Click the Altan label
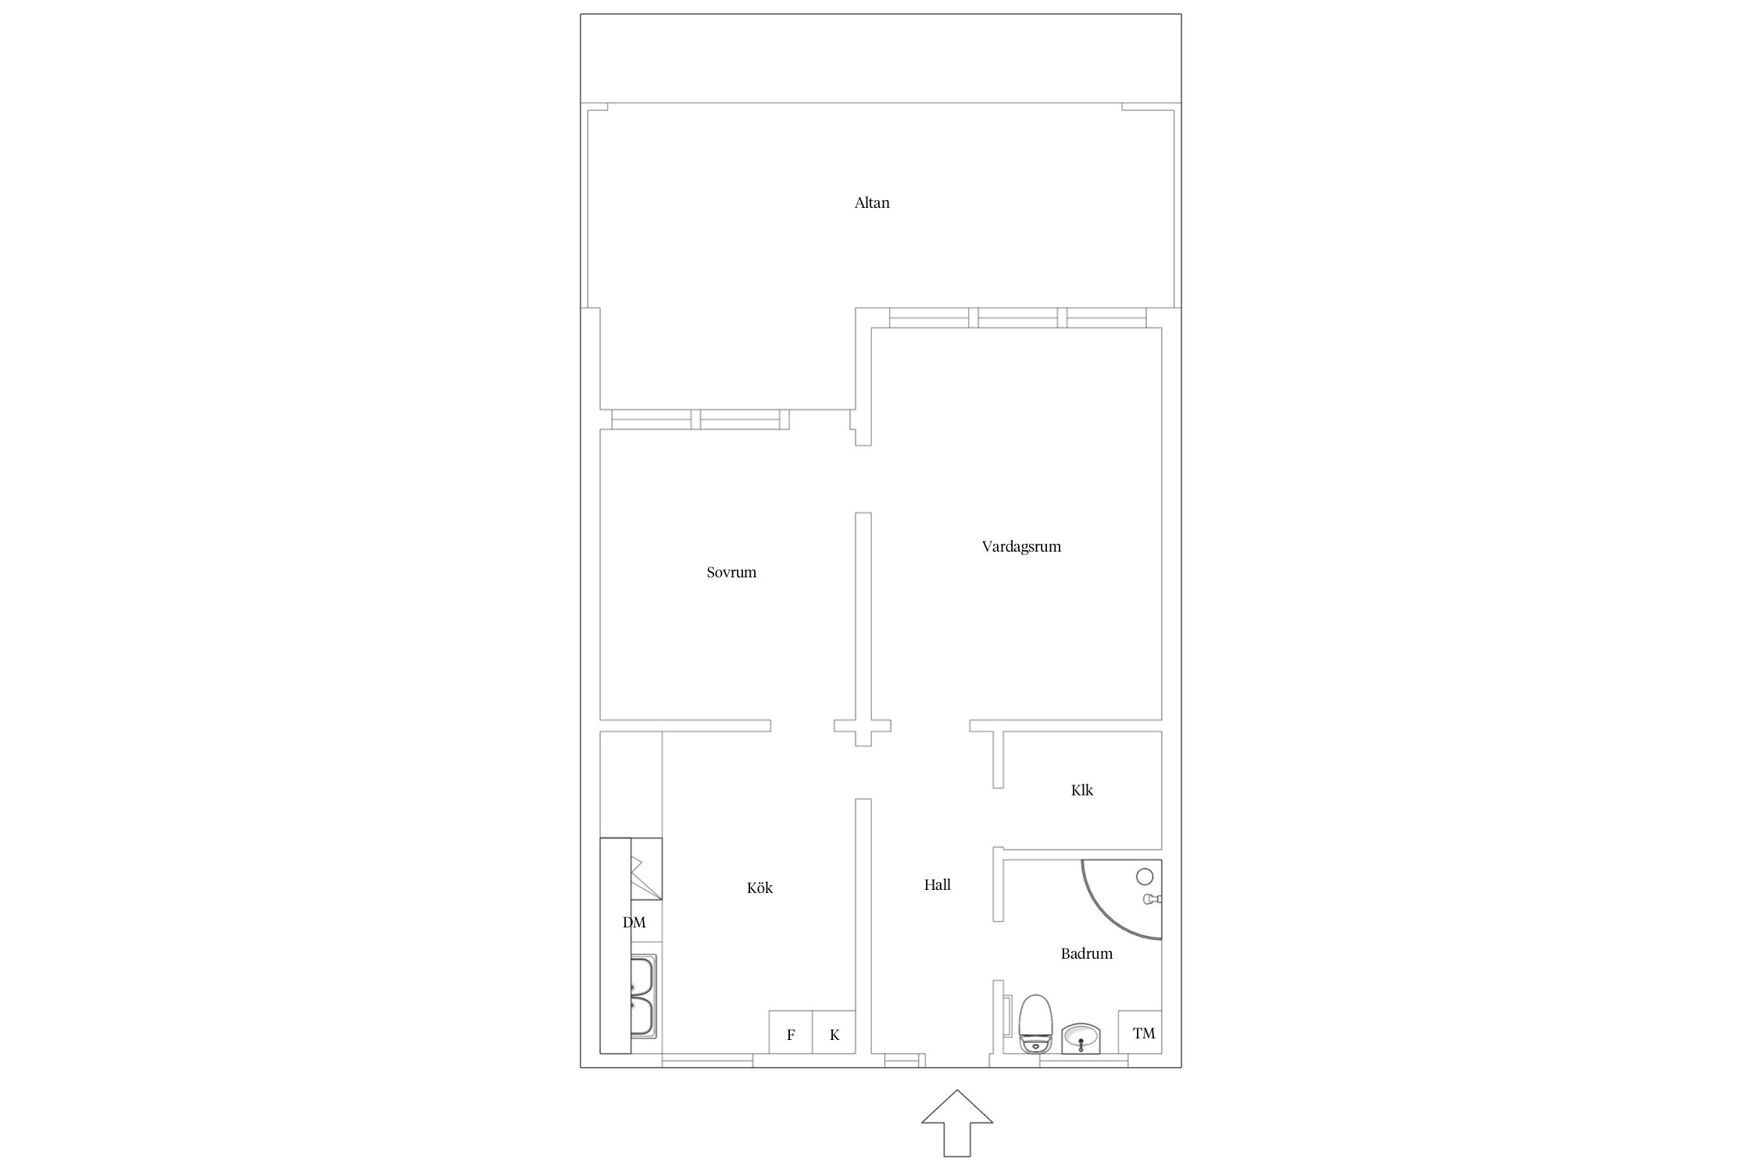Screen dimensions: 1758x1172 click(872, 203)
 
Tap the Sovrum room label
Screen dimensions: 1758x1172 click(731, 573)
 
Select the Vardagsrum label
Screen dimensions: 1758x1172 click(1021, 547)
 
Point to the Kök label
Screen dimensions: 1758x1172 click(759, 888)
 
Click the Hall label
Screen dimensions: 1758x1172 click(937, 885)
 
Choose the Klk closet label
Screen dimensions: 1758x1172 click(1082, 791)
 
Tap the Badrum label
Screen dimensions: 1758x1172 click(1087, 954)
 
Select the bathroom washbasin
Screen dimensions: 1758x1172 click(1081, 1038)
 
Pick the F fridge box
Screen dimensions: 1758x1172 click(791, 1032)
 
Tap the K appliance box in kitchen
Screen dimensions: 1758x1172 click(834, 1032)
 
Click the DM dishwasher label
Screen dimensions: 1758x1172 click(634, 923)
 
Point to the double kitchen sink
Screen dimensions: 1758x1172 click(644, 996)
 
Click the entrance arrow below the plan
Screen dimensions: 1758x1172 click(957, 1123)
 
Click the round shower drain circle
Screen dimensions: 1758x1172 click(1145, 876)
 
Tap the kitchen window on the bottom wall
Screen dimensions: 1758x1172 click(708, 1060)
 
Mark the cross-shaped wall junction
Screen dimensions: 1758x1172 click(863, 726)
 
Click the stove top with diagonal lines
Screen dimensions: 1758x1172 click(646, 869)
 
